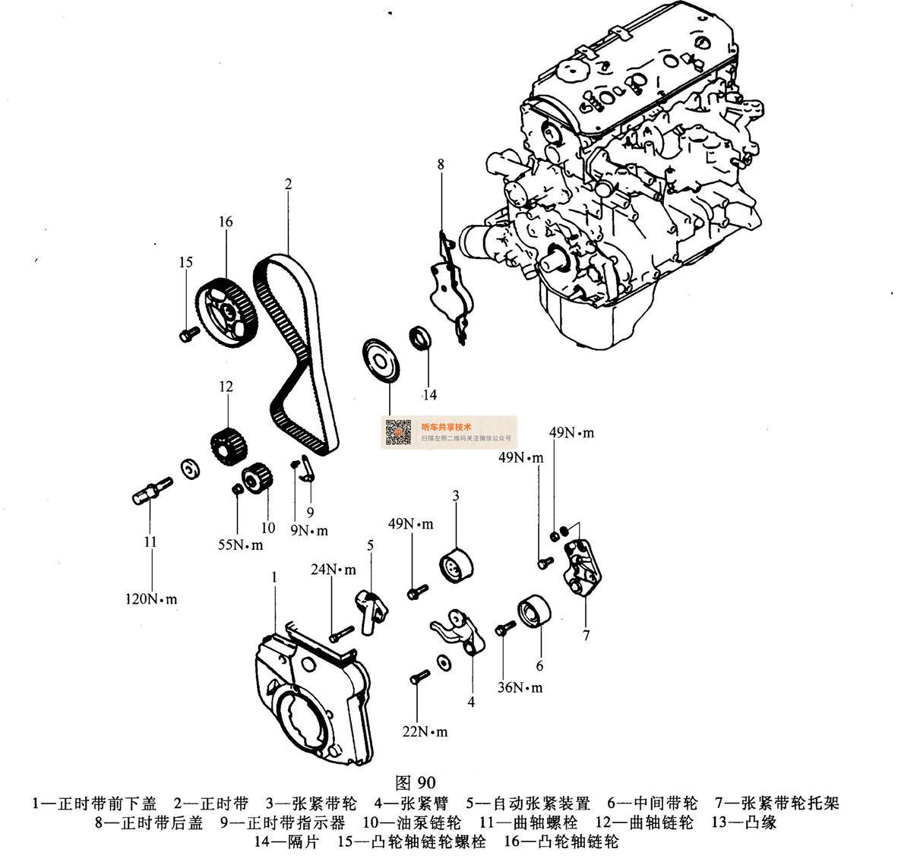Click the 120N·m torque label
click(151, 598)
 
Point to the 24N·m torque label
click(332, 569)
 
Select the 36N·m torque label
click(520, 687)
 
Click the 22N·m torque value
click(425, 732)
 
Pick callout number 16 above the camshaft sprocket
click(226, 222)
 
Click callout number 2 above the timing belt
click(289, 184)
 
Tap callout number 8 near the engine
click(441, 164)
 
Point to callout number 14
click(430, 395)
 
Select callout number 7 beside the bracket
click(586, 636)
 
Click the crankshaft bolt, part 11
click(149, 488)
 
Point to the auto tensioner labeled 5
click(371, 608)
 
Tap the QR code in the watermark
click(399, 432)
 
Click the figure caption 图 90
click(416, 782)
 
